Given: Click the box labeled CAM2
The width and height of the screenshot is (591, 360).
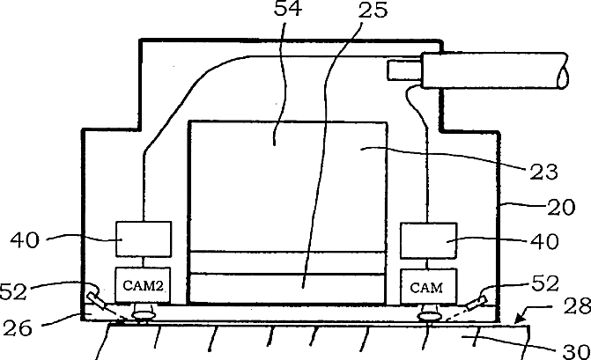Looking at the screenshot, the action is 143,285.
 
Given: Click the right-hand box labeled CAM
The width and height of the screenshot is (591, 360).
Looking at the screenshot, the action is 427,286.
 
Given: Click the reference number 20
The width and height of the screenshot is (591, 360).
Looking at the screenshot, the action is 561,208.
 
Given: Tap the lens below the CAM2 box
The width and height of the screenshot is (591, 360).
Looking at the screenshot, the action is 140,313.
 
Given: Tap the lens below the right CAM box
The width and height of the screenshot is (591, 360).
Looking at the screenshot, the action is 430,314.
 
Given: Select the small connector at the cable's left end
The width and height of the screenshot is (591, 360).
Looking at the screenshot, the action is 405,70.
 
